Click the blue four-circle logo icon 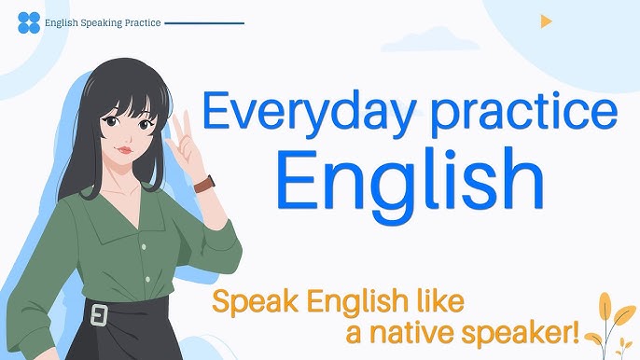click(x=29, y=22)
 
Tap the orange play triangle click(x=546, y=21)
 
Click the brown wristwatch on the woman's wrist click(x=204, y=183)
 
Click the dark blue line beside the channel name click(x=204, y=22)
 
